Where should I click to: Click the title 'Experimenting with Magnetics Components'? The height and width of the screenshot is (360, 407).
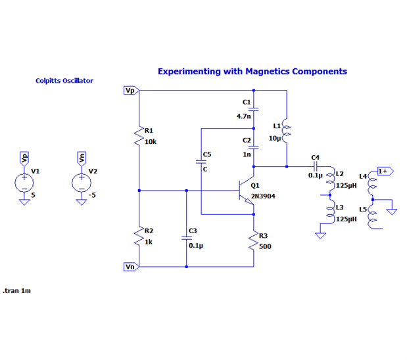pyautogui.click(x=252, y=72)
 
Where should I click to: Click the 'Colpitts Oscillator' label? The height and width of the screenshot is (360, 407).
pyautogui.click(x=64, y=81)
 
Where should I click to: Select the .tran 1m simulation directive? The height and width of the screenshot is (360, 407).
pyautogui.click(x=17, y=290)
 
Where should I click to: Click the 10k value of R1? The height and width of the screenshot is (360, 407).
pyautogui.click(x=151, y=141)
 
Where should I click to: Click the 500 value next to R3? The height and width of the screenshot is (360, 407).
pyautogui.click(x=265, y=246)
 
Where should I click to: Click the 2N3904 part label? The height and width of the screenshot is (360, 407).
pyautogui.click(x=263, y=196)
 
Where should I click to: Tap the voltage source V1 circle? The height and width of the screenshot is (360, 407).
pyautogui.click(x=24, y=182)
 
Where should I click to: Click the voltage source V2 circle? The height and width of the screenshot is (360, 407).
pyautogui.click(x=82, y=182)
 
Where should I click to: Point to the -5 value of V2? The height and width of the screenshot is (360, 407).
pyautogui.click(x=93, y=195)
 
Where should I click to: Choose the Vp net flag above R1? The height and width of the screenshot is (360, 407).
pyautogui.click(x=130, y=91)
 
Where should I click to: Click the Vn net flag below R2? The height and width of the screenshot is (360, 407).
pyautogui.click(x=130, y=267)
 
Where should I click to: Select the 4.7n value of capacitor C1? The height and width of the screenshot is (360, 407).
pyautogui.click(x=244, y=116)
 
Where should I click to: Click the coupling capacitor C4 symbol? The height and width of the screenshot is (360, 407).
pyautogui.click(x=316, y=166)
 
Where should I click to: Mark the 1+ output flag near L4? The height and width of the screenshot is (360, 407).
pyautogui.click(x=385, y=171)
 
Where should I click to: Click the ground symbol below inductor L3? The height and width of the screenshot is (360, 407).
pyautogui.click(x=320, y=235)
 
